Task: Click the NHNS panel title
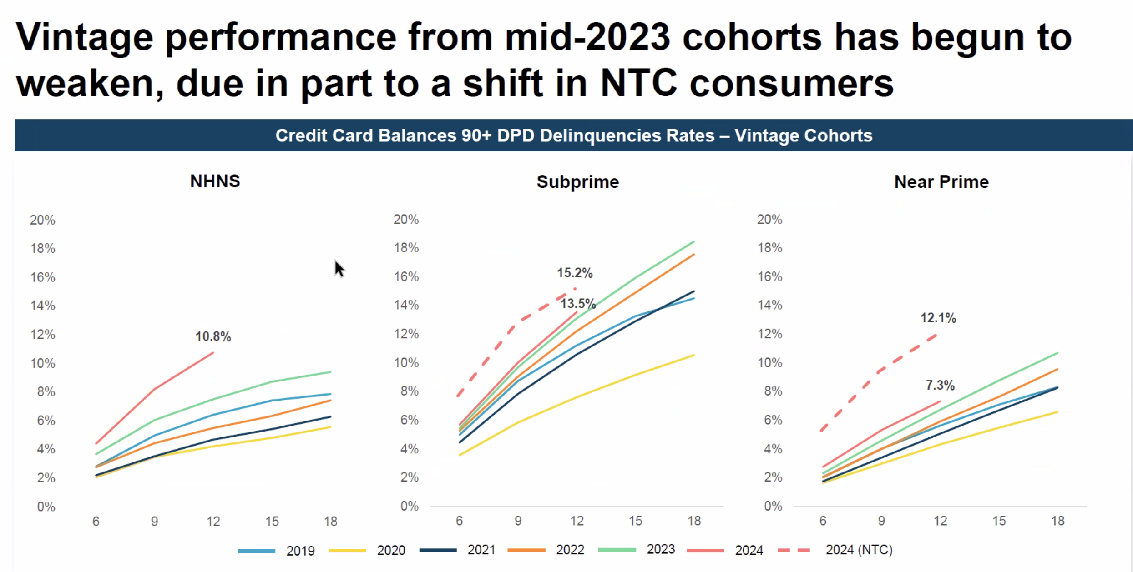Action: pyautogui.click(x=215, y=181)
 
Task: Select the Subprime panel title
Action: pyautogui.click(x=577, y=182)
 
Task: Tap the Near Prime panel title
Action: pyautogui.click(x=941, y=182)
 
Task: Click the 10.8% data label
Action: pyautogui.click(x=213, y=336)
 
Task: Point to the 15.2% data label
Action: pyautogui.click(x=575, y=273)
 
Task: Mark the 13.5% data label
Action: pyautogui.click(x=577, y=304)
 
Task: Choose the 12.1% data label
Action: pyautogui.click(x=938, y=318)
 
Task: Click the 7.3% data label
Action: pyautogui.click(x=940, y=386)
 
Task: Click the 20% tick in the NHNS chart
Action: pyautogui.click(x=42, y=220)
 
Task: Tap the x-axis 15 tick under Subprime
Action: pyautogui.click(x=635, y=521)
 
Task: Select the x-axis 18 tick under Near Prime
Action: pyautogui.click(x=1057, y=521)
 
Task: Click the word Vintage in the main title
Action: pyautogui.click(x=85, y=37)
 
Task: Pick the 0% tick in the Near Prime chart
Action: pyautogui.click(x=773, y=506)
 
